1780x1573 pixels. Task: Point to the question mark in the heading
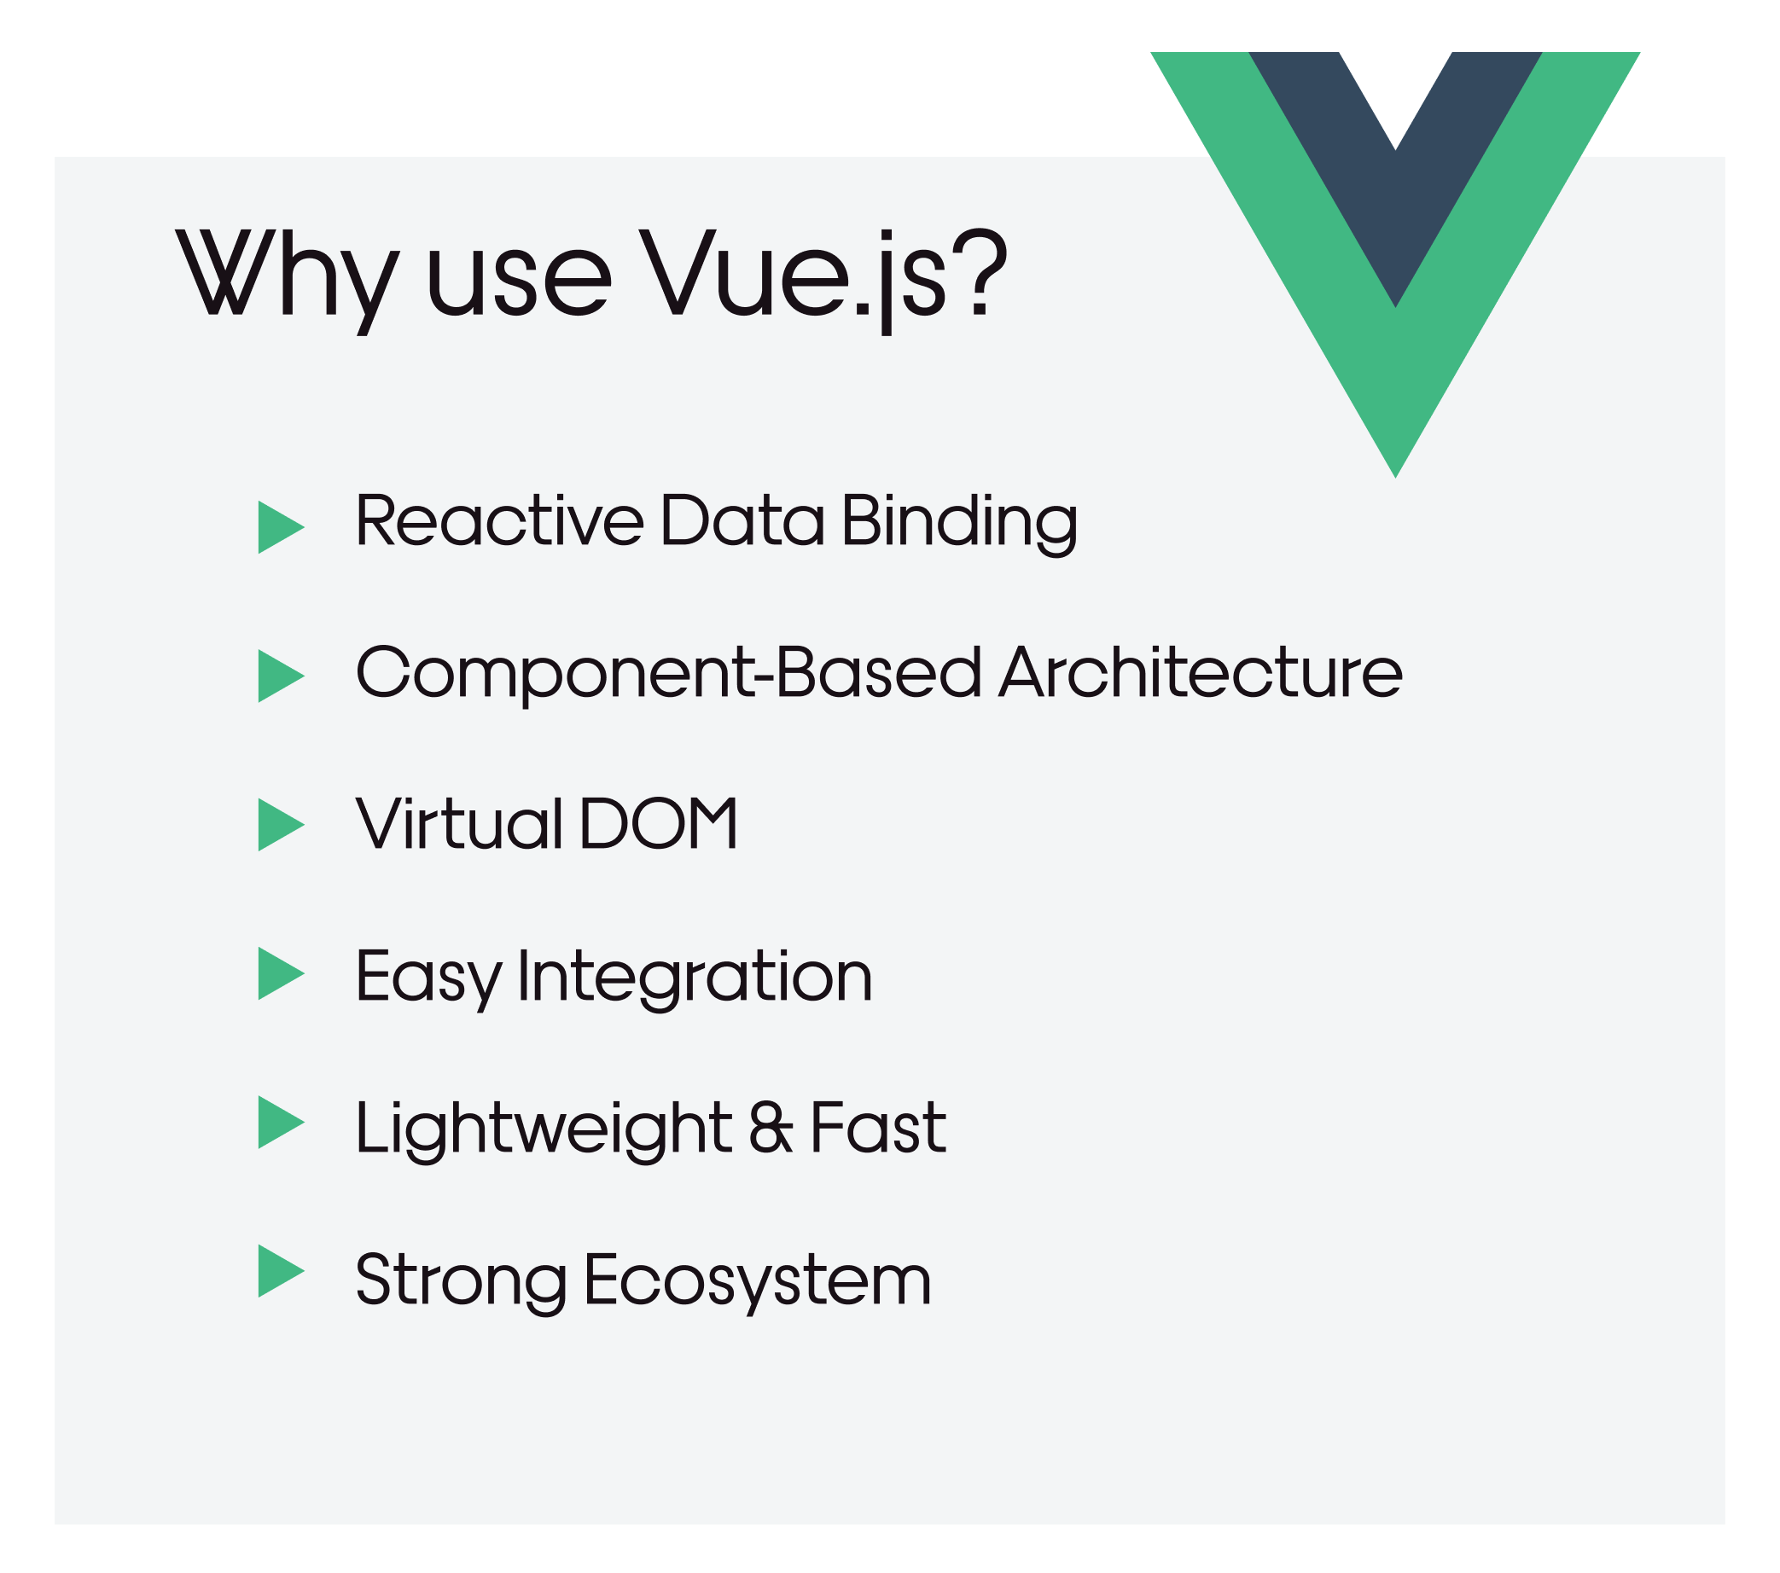(x=979, y=271)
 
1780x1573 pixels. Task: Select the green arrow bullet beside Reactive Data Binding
(x=282, y=526)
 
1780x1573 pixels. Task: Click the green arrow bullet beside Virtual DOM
(x=282, y=824)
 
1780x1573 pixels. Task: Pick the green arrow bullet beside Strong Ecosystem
(x=282, y=1271)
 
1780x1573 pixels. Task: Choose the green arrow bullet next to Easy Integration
(x=282, y=973)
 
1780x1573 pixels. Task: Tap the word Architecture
(x=1201, y=671)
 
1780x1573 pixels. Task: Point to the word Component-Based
(x=669, y=676)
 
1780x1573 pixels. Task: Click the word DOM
(x=659, y=822)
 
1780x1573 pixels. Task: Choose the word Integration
(x=695, y=978)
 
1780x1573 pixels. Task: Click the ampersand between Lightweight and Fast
(x=771, y=1128)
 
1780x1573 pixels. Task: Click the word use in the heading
(x=520, y=284)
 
